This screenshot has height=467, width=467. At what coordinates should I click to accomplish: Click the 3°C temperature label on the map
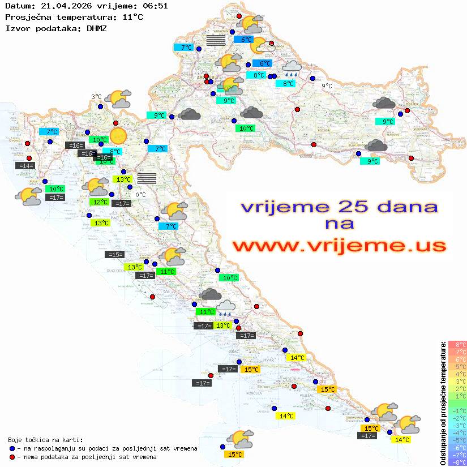pyautogui.click(x=96, y=97)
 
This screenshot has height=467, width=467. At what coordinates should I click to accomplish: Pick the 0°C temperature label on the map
pyautogui.click(x=140, y=195)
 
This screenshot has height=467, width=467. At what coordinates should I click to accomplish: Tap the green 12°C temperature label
pyautogui.click(x=100, y=202)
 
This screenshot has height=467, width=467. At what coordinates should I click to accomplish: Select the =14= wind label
pyautogui.click(x=26, y=166)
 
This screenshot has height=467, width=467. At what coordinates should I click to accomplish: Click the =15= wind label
pyautogui.click(x=115, y=255)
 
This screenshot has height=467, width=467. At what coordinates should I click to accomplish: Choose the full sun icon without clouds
pyautogui.click(x=118, y=136)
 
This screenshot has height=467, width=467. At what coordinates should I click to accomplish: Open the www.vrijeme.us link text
pyautogui.click(x=339, y=246)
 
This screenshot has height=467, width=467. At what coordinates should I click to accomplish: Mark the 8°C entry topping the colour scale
pyautogui.click(x=458, y=345)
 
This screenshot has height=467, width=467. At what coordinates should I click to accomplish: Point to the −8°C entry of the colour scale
pyautogui.click(x=458, y=462)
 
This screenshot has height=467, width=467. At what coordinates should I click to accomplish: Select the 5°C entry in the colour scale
pyautogui.click(x=458, y=367)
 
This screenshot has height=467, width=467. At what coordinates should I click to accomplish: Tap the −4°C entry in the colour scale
pyautogui.click(x=458, y=433)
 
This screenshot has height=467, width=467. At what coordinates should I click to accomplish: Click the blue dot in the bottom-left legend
pyautogui.click(x=12, y=448)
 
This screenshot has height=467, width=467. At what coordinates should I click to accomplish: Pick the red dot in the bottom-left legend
pyautogui.click(x=12, y=457)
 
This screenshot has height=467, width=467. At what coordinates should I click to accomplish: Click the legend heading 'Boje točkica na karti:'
pyautogui.click(x=45, y=440)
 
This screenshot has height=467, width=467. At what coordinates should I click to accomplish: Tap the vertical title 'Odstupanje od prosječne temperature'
pyautogui.click(x=443, y=403)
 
